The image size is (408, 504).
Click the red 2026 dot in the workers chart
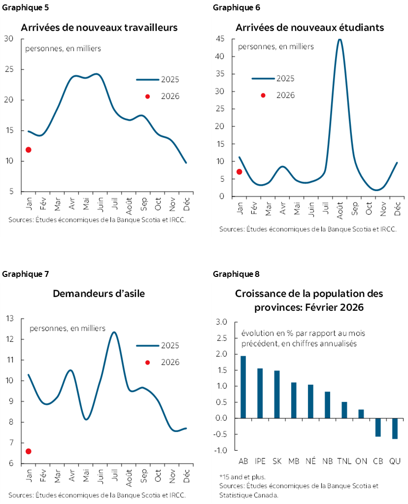(29, 150)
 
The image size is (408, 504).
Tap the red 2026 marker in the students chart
(239, 171)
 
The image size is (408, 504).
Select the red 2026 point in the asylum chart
(29, 451)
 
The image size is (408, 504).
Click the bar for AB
(243, 387)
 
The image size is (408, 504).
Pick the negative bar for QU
(395, 428)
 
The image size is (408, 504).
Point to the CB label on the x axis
(378, 461)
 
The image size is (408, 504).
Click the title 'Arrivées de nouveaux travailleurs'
(99, 28)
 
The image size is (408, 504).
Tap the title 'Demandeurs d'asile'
(99, 294)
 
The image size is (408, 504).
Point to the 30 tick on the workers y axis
(9, 39)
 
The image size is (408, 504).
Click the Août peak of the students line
(340, 39)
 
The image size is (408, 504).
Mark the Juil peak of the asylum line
(114, 332)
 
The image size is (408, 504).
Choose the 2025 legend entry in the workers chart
(157, 80)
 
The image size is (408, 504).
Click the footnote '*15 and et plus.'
(242, 477)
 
